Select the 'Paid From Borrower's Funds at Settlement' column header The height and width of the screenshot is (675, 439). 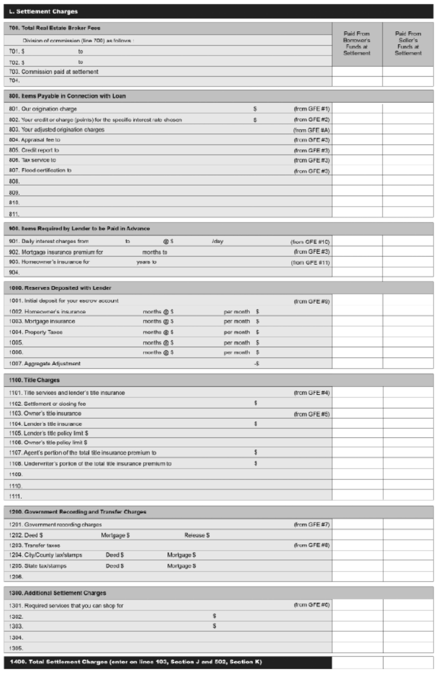[x=356, y=44]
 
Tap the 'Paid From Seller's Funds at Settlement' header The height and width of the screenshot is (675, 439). [x=408, y=44]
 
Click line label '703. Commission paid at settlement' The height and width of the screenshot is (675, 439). [x=54, y=72]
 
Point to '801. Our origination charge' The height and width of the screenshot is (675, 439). [x=43, y=109]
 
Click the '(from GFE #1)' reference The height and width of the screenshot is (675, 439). [x=311, y=109]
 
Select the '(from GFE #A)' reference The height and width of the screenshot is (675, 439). [x=311, y=130]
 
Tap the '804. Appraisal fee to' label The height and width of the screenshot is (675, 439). [x=35, y=140]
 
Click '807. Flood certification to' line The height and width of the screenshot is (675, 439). [x=40, y=170]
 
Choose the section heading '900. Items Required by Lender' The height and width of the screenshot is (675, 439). [x=79, y=229]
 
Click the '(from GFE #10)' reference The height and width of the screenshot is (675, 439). [x=310, y=242]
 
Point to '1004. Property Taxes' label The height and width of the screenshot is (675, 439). [x=36, y=332]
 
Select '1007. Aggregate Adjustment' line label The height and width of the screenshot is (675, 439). [x=45, y=364]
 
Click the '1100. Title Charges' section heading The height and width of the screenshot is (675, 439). [x=35, y=380]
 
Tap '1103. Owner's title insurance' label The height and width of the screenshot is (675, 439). [x=46, y=414]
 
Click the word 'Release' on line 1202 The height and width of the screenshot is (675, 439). [x=194, y=535]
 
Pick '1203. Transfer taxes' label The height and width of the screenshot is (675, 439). [x=35, y=545]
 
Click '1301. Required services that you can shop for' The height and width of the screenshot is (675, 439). [x=66, y=606]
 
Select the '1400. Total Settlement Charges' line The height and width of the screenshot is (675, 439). [x=136, y=662]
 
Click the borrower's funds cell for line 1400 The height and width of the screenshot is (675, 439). [x=357, y=663]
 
